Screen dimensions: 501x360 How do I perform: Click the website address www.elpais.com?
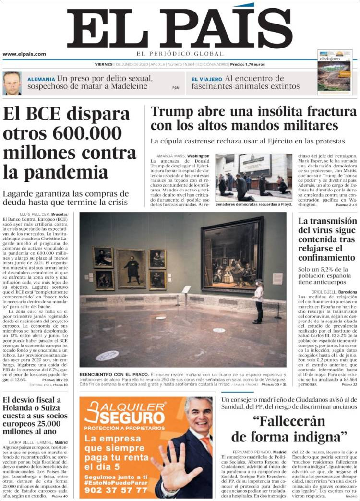(24, 54)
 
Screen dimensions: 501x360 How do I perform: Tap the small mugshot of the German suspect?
(12, 83)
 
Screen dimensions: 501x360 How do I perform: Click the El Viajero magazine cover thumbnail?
(335, 72)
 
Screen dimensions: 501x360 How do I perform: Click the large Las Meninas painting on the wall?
(232, 254)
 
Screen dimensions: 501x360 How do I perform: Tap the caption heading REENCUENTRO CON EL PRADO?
(114, 374)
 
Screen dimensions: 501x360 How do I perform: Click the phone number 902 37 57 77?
(116, 490)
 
